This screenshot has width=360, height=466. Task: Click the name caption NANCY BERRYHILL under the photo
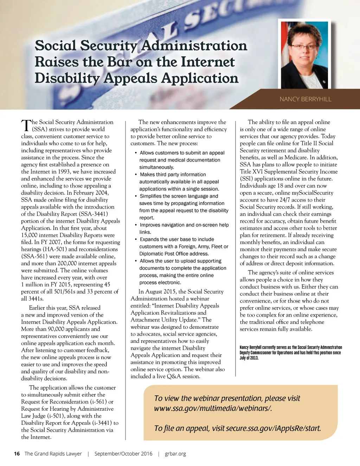(305, 99)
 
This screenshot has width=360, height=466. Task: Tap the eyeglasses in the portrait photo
(304, 47)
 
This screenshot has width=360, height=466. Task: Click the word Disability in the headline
(66, 78)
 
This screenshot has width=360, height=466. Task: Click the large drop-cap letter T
(26, 126)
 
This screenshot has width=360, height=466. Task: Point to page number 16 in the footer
(17, 454)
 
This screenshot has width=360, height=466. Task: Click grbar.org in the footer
(175, 454)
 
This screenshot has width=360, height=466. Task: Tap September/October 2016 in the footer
(123, 454)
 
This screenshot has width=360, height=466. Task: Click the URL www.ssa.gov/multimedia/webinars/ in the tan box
(213, 408)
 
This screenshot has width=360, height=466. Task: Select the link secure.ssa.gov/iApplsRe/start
(273, 428)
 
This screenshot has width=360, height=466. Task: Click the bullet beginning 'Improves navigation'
(184, 225)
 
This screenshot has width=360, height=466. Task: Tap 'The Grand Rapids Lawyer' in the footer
(53, 454)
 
